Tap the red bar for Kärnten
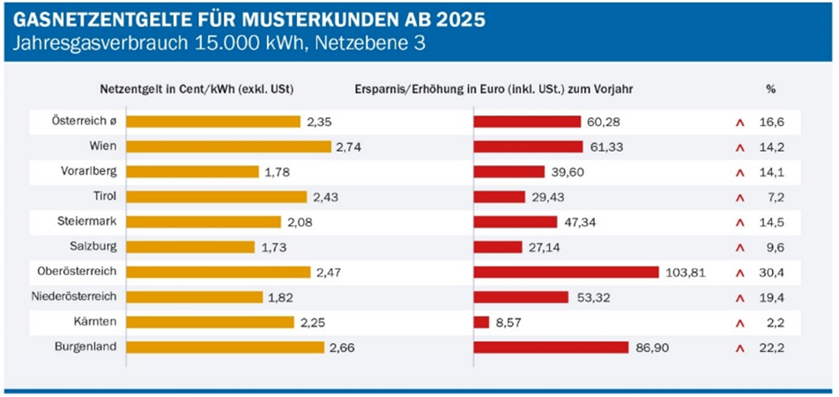point(481,322)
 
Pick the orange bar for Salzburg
point(190,247)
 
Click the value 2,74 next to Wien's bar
point(349,146)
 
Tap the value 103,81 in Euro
point(685,272)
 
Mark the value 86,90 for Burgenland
point(651,348)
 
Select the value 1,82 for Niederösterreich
point(282,297)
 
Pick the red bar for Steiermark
point(516,221)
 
